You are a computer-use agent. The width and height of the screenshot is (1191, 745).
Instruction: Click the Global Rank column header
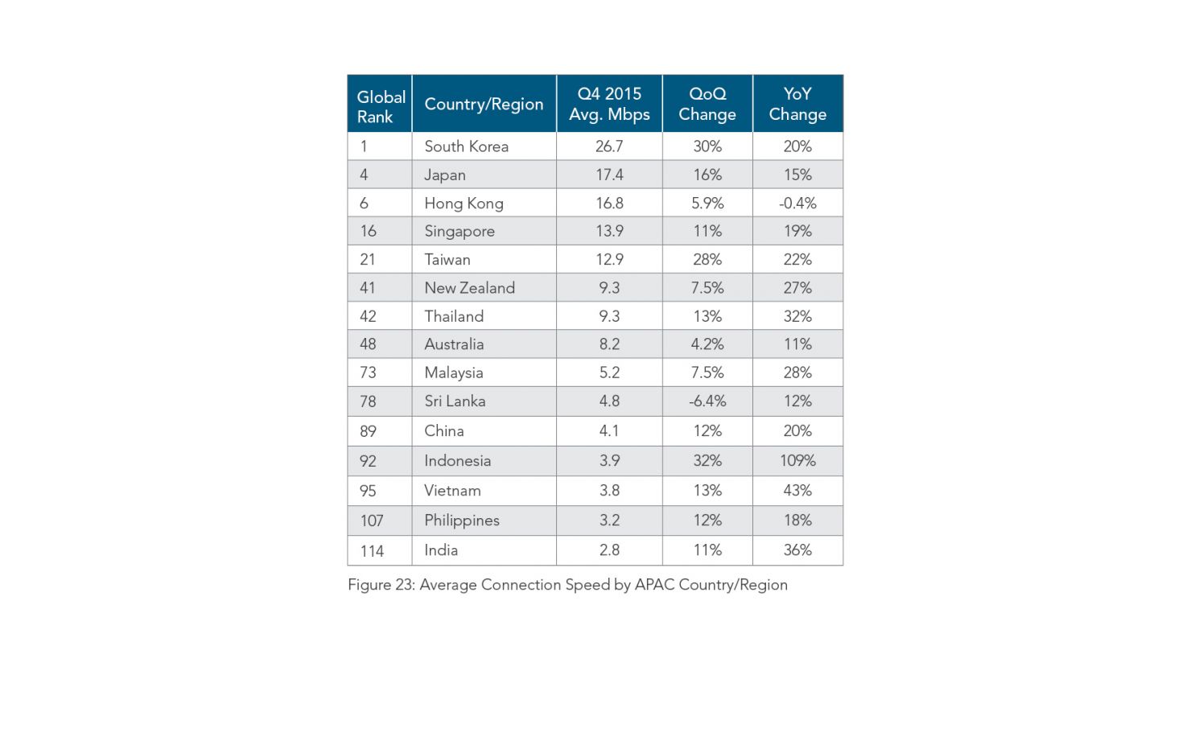381,106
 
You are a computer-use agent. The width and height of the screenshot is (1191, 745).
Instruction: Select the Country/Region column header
484,105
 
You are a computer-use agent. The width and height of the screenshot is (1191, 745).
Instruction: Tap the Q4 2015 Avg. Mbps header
609,105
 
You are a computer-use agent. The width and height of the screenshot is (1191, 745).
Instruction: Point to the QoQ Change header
707,105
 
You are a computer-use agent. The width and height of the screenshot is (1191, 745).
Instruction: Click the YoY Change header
797,105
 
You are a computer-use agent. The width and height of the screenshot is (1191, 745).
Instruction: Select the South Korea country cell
467,146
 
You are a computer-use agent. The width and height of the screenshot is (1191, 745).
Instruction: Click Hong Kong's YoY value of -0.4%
797,204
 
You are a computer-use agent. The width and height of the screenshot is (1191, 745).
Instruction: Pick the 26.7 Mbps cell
609,146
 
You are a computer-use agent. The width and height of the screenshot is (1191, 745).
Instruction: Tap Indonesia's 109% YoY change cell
797,461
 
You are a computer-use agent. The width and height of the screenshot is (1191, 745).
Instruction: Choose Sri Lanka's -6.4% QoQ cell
707,401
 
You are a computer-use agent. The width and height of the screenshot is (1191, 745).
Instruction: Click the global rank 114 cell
372,551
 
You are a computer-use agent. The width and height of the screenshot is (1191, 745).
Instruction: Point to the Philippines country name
462,521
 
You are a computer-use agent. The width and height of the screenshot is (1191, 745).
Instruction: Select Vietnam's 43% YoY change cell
797,491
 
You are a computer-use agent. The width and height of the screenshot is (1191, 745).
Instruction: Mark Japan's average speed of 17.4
609,175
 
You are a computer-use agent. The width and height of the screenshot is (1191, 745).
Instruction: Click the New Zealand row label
470,288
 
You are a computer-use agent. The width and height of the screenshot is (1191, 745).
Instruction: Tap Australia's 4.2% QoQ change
707,344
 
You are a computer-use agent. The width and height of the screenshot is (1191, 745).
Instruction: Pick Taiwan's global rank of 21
368,260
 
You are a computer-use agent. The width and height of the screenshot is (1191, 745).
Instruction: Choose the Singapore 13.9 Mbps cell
609,232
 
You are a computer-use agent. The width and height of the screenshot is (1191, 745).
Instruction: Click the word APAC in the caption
654,585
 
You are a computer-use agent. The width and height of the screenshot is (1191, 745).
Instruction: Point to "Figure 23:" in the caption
381,585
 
